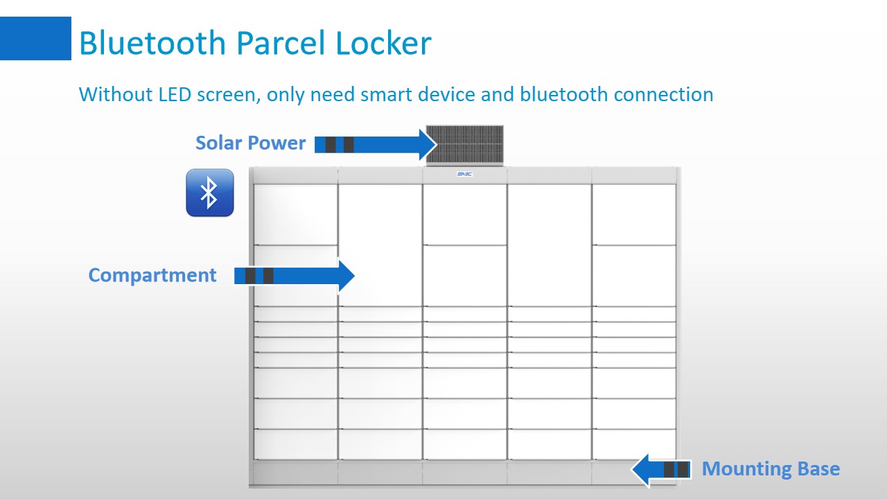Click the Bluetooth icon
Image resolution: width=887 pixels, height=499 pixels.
[x=210, y=193]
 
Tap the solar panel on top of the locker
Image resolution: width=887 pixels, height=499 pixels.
[x=464, y=145]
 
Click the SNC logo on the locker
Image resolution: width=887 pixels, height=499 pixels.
[x=464, y=175]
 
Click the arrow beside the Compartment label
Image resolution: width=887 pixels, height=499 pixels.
[x=295, y=276]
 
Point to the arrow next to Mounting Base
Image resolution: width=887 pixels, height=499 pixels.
[x=660, y=470]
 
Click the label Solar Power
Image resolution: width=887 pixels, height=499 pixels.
[x=250, y=143]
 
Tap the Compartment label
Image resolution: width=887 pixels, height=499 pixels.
[x=152, y=275]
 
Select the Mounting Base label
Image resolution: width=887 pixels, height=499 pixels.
[x=771, y=469]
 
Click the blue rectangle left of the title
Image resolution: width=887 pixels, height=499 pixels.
[x=35, y=39]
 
